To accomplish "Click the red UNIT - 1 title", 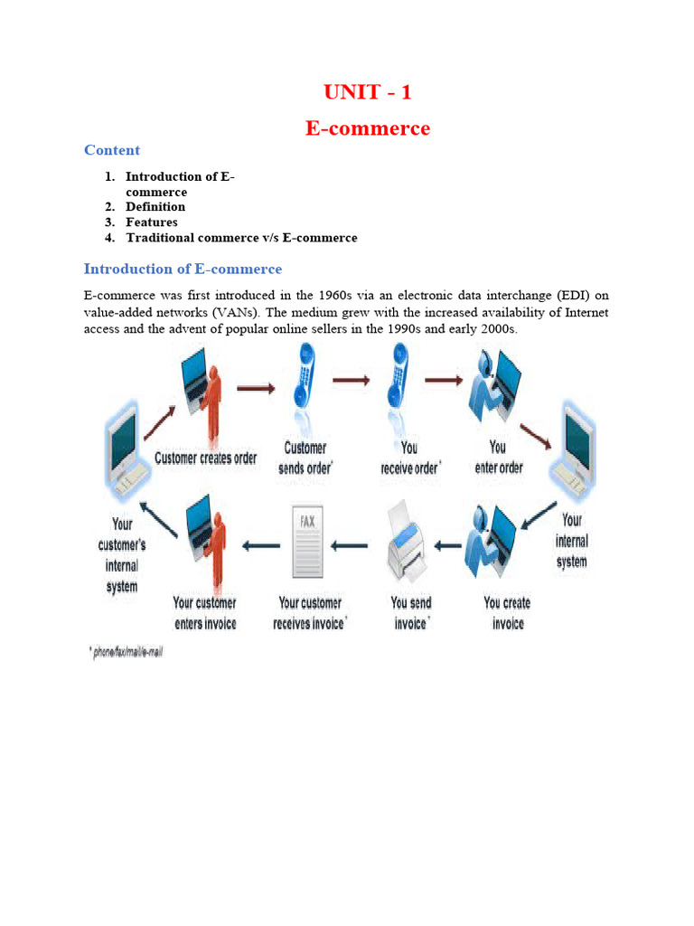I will tap(367, 92).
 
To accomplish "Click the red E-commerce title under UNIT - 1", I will tap(367, 128).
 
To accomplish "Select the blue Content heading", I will tap(112, 150).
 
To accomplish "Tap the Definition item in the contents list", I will tap(155, 207).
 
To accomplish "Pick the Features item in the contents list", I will tap(152, 222).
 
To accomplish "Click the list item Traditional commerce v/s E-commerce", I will tap(241, 238).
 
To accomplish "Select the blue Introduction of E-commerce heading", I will tap(183, 269).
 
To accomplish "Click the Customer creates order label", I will tap(206, 458).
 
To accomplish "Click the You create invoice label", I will tap(507, 612).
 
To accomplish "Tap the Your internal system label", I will tap(571, 541).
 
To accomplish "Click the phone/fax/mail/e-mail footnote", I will tap(127, 651).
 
